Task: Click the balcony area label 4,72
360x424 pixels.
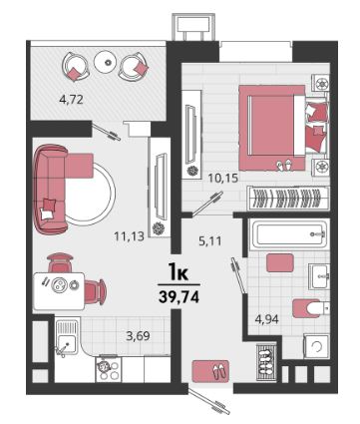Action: point(71,100)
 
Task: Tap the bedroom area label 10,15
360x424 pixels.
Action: point(223,179)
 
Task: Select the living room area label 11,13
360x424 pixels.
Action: point(129,236)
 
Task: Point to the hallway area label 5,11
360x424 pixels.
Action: point(209,240)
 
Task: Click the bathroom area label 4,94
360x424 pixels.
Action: point(266,319)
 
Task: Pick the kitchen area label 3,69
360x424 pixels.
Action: point(138,336)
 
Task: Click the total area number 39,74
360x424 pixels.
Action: point(180,296)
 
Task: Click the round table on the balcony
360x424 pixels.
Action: point(107,62)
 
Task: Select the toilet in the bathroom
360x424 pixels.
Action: point(311,308)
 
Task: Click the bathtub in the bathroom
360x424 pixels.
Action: point(289,234)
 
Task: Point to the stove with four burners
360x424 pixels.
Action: point(109,370)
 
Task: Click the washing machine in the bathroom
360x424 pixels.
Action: point(316,347)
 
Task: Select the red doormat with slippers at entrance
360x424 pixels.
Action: point(210,370)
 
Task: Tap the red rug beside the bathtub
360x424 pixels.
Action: point(280,262)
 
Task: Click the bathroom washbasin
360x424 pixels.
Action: point(319,276)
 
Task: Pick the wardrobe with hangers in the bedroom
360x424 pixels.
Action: point(288,198)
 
